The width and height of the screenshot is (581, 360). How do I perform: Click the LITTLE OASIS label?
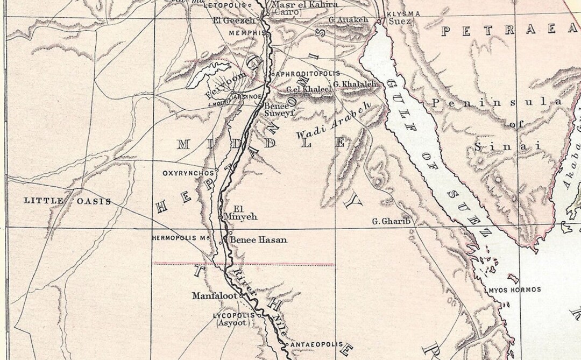coord(68,201)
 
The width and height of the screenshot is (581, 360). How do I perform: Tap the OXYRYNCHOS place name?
coord(188,173)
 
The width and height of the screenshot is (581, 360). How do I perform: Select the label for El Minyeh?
coord(244,213)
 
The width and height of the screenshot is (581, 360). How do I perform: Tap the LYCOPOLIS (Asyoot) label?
coord(232,319)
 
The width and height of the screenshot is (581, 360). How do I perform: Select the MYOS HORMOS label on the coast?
coord(514,290)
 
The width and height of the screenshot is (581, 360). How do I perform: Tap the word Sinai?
coord(507,146)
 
